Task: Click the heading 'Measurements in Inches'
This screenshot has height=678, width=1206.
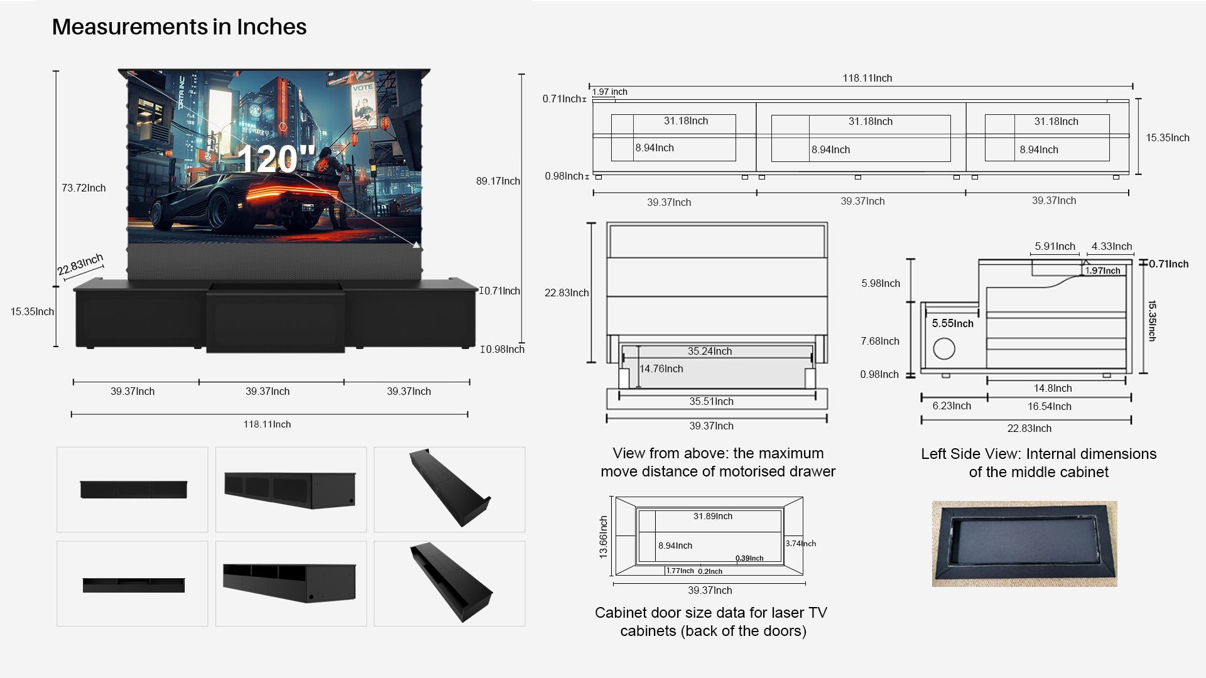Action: point(179,27)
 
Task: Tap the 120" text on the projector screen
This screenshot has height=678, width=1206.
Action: point(276,159)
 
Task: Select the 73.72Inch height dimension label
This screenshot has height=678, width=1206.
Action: point(84,188)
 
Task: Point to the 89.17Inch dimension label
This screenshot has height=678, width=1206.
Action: point(498,181)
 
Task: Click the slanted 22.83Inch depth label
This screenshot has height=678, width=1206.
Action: point(80,264)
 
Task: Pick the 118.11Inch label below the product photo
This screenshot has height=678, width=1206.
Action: point(267,424)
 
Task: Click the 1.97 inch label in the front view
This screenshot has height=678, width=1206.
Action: point(610,92)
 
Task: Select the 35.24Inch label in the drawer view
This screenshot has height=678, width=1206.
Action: point(710,351)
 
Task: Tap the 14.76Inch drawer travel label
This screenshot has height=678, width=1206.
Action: point(661,369)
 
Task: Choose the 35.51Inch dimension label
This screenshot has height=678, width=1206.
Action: point(711,401)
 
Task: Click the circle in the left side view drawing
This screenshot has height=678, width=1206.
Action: point(944,348)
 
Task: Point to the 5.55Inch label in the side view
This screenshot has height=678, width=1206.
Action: point(953,323)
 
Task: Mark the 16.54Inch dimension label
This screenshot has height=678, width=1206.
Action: point(1050,406)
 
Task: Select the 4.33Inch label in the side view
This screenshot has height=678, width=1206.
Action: point(1112,246)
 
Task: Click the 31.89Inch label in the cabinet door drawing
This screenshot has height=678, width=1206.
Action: point(713,516)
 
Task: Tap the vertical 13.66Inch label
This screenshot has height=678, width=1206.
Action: point(604,537)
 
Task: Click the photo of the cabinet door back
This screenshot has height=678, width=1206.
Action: point(1024,544)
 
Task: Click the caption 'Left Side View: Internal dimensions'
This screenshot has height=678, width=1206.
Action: point(1039,454)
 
